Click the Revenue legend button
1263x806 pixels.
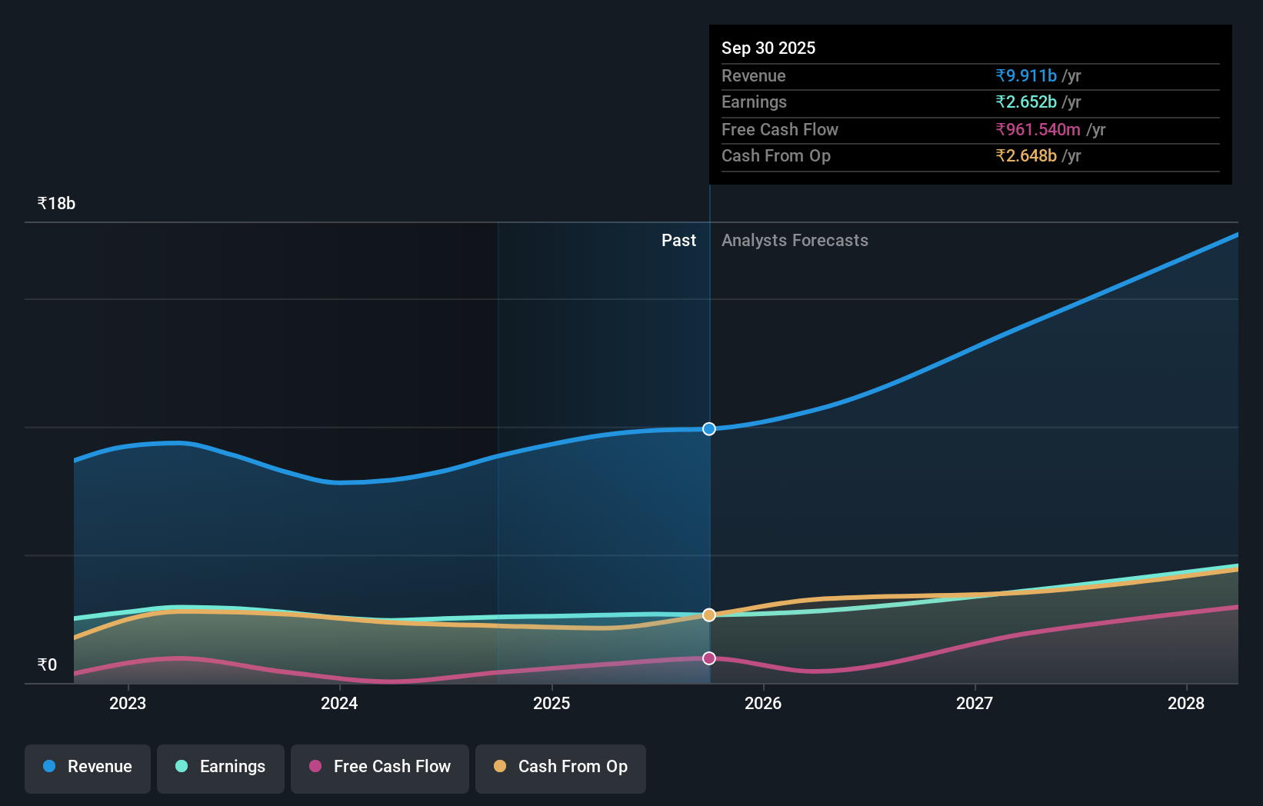click(88, 767)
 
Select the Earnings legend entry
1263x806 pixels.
click(221, 767)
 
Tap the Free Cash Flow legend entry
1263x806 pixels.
click(380, 767)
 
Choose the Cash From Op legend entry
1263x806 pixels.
click(561, 767)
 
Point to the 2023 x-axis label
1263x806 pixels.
click(128, 703)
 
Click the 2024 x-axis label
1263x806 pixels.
click(339, 703)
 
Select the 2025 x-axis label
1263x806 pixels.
click(552, 703)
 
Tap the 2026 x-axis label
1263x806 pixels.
click(763, 703)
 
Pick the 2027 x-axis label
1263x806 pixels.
click(975, 703)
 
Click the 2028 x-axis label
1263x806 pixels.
click(1186, 703)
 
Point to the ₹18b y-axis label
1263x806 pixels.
click(56, 204)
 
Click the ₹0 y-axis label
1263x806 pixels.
click(47, 665)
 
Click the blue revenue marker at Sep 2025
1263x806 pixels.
click(709, 429)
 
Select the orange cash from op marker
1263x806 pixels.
click(709, 615)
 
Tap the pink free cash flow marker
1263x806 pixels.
click(709, 658)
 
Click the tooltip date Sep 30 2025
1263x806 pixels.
click(768, 48)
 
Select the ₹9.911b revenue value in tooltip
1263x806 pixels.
click(1026, 75)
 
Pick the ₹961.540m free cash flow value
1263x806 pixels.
click(1038, 129)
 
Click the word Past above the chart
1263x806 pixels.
click(678, 241)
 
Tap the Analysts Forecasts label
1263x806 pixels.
click(795, 241)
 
